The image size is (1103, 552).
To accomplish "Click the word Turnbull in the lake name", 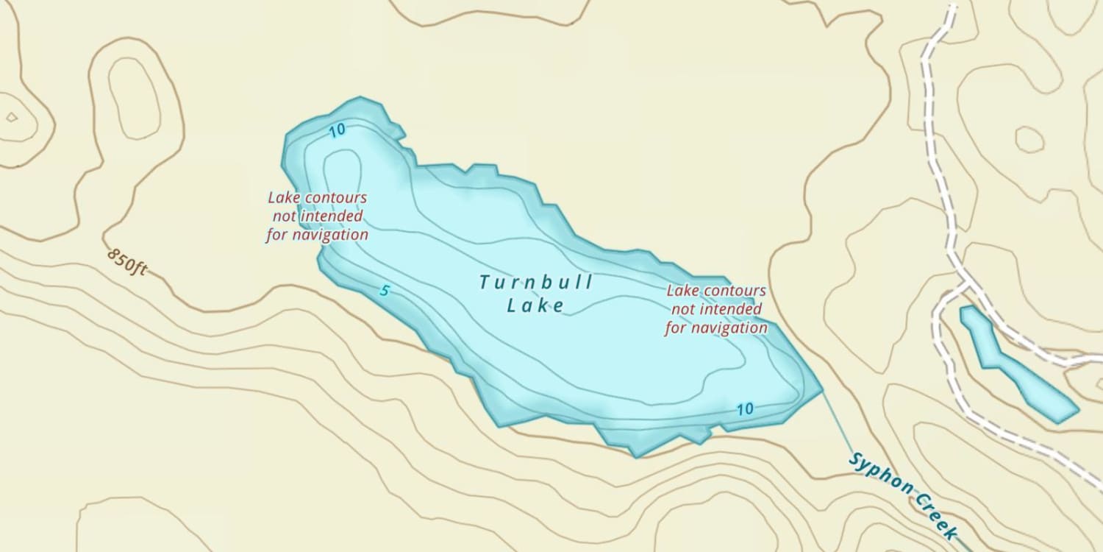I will coord(535,282).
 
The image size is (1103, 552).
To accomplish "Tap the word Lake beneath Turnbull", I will coord(535,305).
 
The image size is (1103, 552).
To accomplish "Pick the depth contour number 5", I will coord(384,291).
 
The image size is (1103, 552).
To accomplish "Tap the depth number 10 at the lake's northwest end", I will coord(337,131).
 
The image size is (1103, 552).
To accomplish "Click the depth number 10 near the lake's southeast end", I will coord(745,408).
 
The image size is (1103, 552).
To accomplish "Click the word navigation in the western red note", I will coord(330,235).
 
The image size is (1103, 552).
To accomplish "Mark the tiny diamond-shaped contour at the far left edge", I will coord(11,116).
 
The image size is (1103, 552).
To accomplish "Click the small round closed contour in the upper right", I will coord(1029,139).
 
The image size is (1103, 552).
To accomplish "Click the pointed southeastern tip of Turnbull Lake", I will coord(820,386).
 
